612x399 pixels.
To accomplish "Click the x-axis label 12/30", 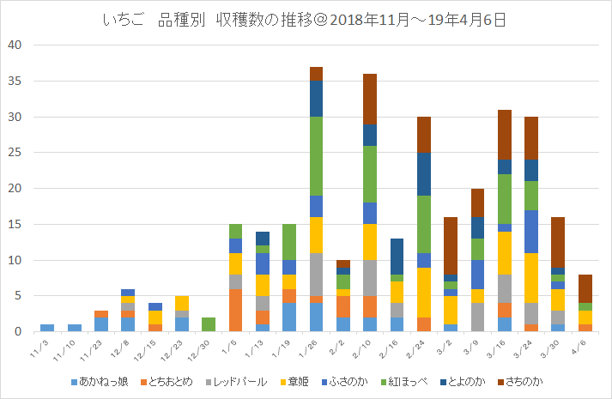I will [206, 347].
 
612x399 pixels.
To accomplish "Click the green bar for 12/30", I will [208, 324].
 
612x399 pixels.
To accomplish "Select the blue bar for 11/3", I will [47, 328].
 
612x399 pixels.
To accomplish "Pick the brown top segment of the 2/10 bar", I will [369, 99].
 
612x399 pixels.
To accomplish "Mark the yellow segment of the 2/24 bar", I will [423, 293].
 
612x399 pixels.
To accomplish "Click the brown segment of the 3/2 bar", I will [450, 245].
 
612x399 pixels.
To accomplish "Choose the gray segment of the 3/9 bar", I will [476, 317].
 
